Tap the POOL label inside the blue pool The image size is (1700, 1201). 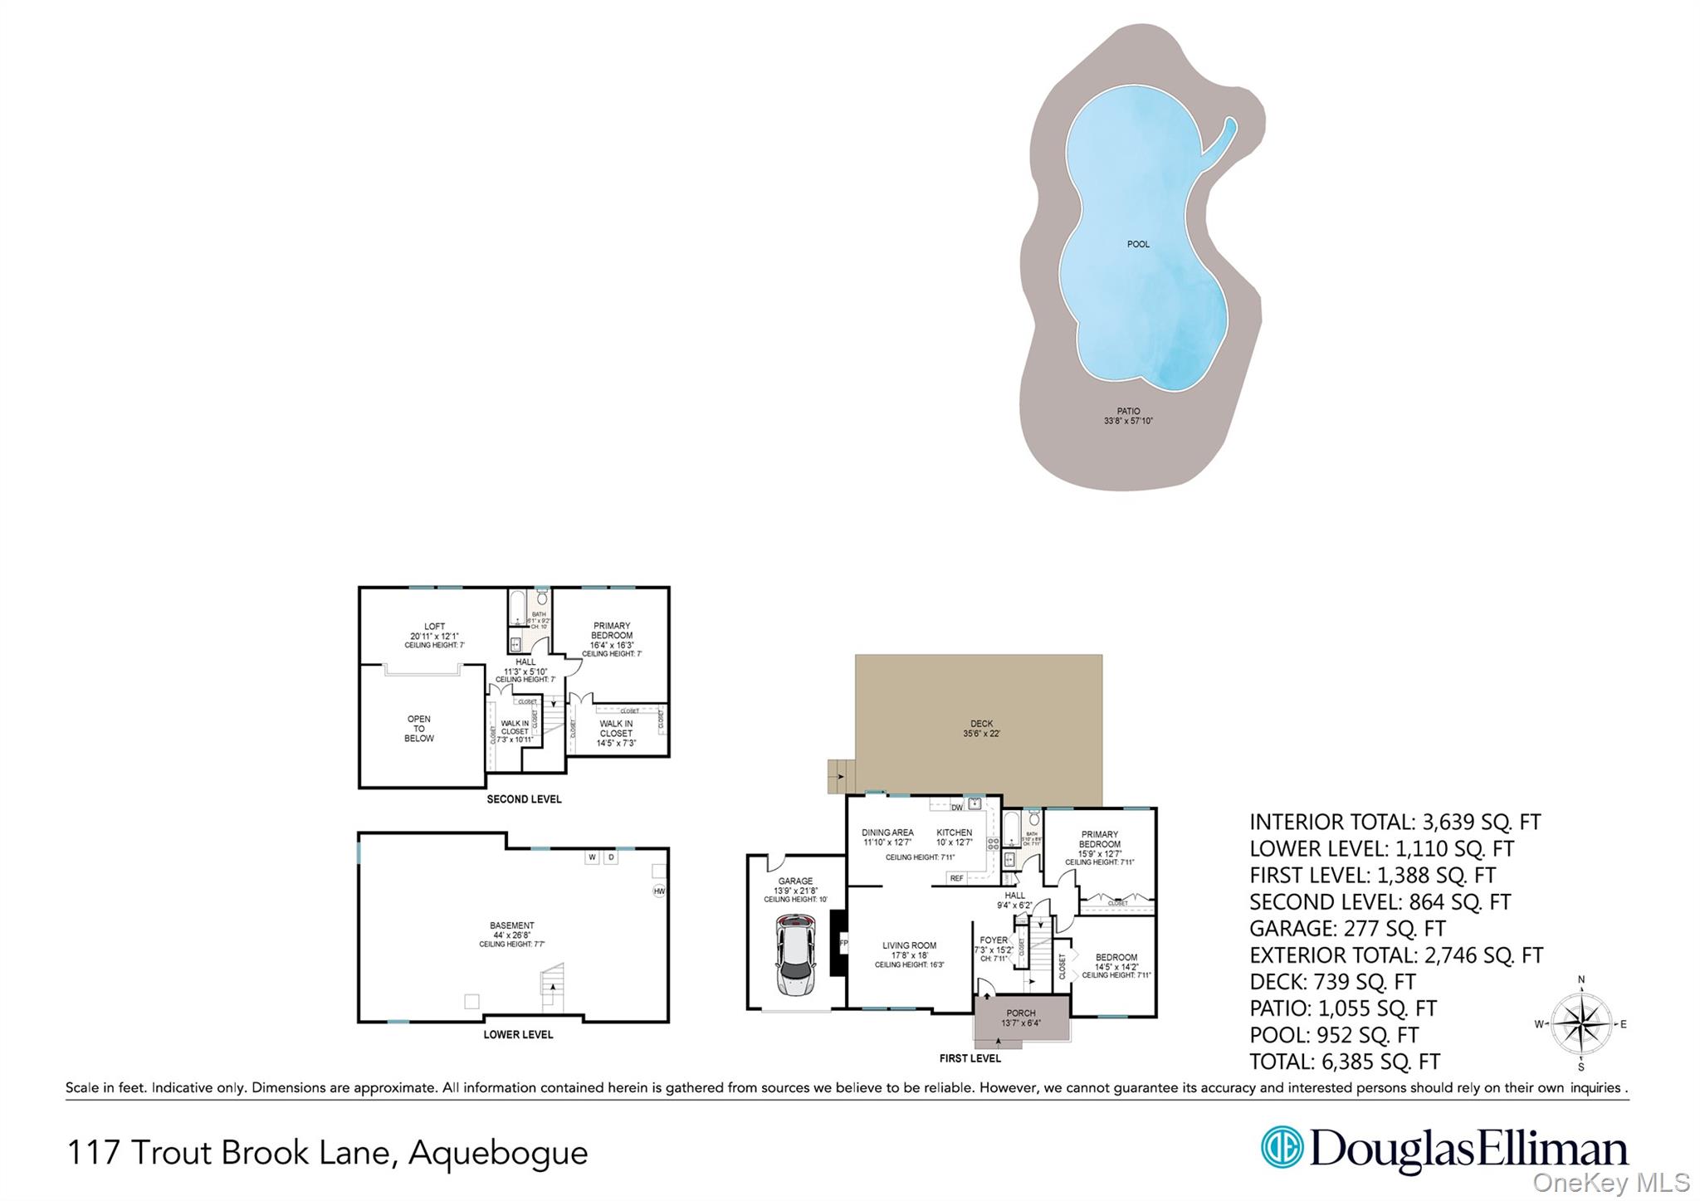[1138, 244]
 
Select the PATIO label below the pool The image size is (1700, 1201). [1128, 412]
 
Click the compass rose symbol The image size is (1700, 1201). [1580, 1024]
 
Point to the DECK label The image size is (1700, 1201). [981, 724]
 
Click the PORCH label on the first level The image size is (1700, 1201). [1020, 1013]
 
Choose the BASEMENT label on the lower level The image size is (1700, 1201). [511, 925]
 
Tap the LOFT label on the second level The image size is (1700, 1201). [434, 627]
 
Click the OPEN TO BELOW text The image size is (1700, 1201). [419, 729]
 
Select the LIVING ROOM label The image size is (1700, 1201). [909, 945]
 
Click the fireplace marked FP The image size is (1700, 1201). [840, 943]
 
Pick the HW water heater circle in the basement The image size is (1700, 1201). [659, 891]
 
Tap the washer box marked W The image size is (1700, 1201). [592, 857]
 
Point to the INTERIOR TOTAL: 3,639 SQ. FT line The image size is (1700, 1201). [1395, 823]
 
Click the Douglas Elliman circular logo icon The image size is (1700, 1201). [1281, 1147]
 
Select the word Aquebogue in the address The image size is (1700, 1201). [498, 1153]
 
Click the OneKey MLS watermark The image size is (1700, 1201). [1611, 1182]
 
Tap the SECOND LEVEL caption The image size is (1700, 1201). [524, 799]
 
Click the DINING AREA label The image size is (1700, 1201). [887, 832]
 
